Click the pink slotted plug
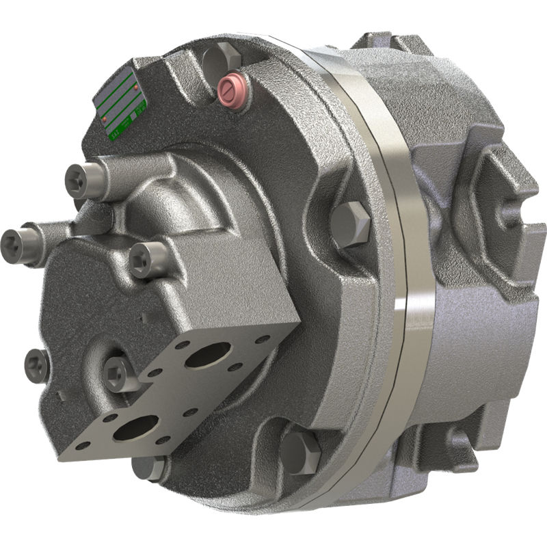pyautogui.click(x=231, y=89)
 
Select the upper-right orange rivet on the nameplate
pyautogui.click(x=136, y=88)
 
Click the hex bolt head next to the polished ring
pyautogui.click(x=351, y=223)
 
